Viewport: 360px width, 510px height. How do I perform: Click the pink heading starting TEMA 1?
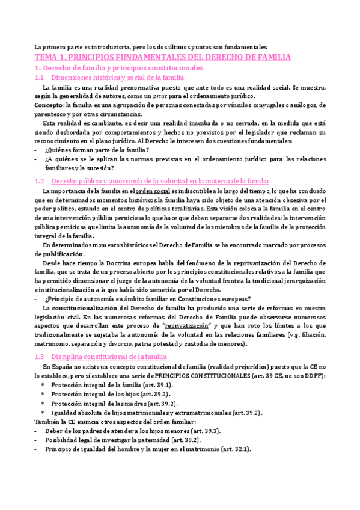pyautogui.click(x=162, y=58)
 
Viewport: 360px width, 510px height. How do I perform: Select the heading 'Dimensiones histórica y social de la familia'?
pyautogui.click(x=118, y=78)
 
